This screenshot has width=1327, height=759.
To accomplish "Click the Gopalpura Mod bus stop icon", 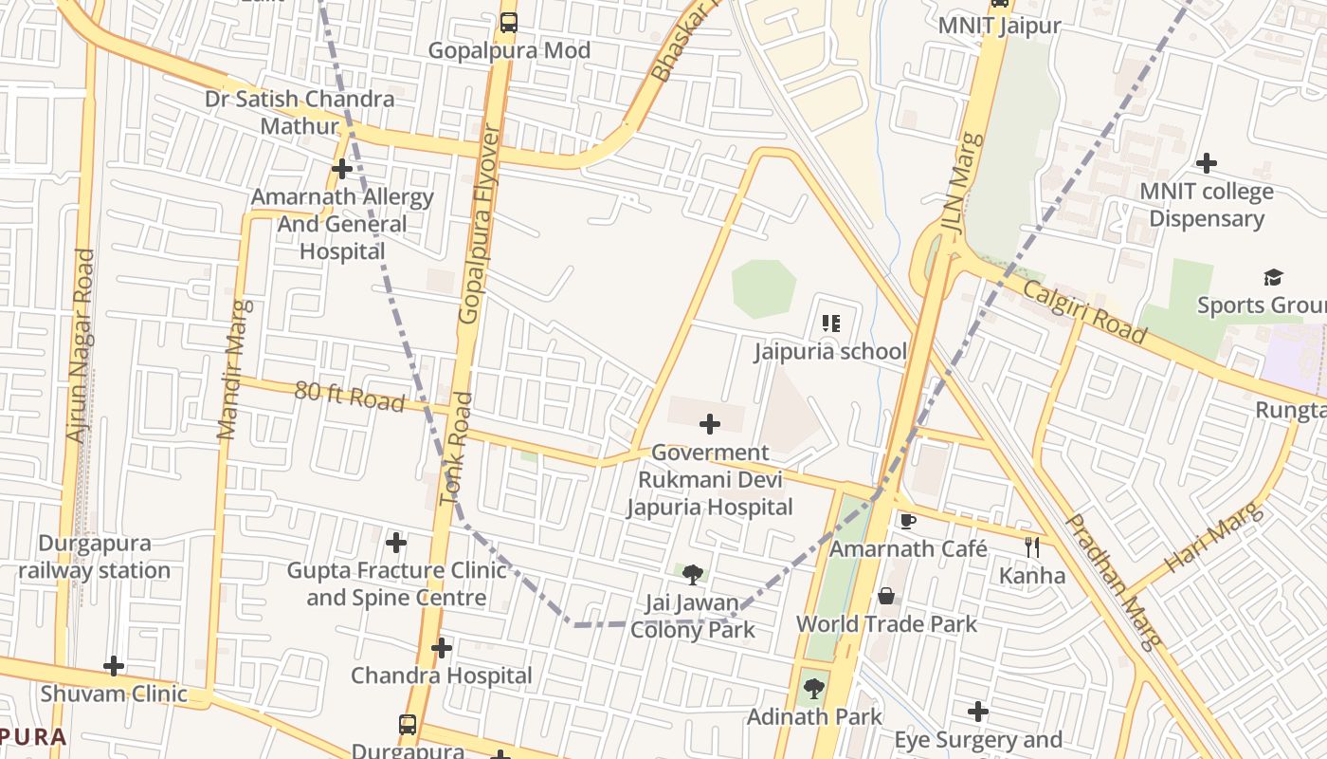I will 509,22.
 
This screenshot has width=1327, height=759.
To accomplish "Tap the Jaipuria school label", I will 830,352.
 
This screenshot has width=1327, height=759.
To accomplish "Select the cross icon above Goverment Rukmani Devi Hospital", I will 709,424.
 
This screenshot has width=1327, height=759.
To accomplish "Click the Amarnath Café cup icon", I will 907,521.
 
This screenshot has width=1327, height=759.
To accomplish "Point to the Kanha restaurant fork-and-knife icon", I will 1032,546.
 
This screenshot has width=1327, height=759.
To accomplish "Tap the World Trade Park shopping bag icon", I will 886,596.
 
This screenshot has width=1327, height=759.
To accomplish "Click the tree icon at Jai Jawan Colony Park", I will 693,574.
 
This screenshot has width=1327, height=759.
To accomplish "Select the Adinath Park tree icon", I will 813,689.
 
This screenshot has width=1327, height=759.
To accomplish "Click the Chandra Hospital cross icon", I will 442,648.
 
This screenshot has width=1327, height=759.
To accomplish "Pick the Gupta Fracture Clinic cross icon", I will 396,543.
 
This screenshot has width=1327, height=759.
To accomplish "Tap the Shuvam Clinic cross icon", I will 114,666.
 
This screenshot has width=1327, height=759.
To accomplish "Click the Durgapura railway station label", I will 94,557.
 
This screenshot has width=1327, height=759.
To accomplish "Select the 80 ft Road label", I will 349,397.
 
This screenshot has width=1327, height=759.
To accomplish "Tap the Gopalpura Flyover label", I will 480,224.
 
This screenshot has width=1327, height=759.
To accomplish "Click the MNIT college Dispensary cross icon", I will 1206,163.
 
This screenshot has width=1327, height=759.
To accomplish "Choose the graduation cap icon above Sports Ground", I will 1273,277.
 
